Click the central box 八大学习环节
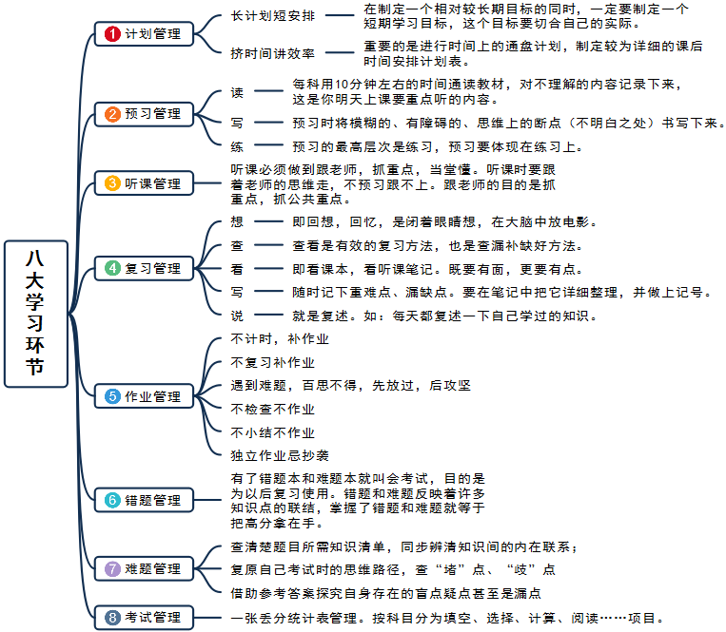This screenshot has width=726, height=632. (x=36, y=314)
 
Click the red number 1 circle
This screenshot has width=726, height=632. (x=112, y=34)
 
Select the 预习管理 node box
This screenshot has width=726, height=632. (x=144, y=114)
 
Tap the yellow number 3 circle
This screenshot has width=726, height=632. (x=112, y=183)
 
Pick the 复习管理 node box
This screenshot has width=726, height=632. (x=144, y=268)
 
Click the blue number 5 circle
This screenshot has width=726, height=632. (x=112, y=396)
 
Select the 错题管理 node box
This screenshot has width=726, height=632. (x=144, y=500)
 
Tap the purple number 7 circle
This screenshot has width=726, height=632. (x=112, y=568)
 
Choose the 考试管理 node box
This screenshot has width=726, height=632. (x=144, y=617)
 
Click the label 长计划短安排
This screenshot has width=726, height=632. (x=273, y=16)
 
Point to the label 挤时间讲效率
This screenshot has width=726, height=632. (x=273, y=53)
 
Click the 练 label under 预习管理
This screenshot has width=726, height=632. (x=237, y=147)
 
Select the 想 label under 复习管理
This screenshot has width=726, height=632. (x=237, y=222)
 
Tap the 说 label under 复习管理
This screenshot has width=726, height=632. (x=237, y=316)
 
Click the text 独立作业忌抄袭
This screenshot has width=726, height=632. (x=280, y=456)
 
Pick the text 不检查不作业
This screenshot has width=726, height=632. (x=273, y=410)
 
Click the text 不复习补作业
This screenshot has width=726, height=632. (x=273, y=362)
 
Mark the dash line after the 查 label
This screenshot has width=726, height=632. (x=268, y=245)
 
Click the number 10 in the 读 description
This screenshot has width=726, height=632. (x=342, y=85)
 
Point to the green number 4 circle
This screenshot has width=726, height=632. (x=112, y=268)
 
